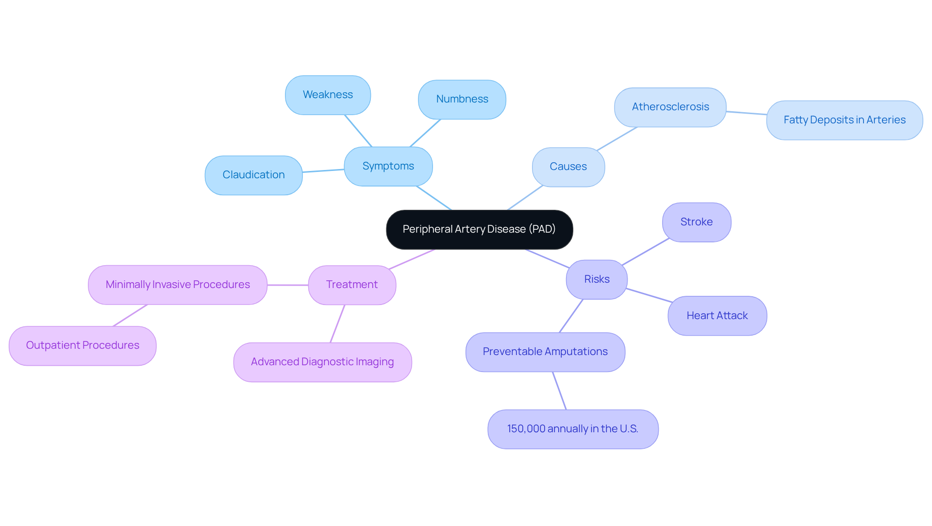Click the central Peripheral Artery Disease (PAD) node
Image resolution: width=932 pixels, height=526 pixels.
[x=479, y=229]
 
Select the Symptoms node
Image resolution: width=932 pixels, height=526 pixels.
[x=388, y=166]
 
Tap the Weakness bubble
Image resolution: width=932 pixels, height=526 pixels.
[x=328, y=95]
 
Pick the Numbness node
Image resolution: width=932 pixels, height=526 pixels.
[x=462, y=99]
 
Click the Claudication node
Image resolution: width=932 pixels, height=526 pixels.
[x=253, y=175]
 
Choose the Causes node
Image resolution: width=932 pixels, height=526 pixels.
[x=568, y=167]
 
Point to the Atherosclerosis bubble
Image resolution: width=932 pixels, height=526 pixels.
[x=670, y=107]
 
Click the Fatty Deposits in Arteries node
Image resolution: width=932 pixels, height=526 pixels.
[x=844, y=120]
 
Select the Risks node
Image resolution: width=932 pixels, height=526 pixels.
[x=597, y=279]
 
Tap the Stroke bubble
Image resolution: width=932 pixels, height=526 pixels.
[x=696, y=222]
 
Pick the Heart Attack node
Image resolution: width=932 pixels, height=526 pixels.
[x=717, y=316]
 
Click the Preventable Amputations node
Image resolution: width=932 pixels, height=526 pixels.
[x=545, y=352]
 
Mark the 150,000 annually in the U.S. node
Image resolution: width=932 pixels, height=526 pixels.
[x=572, y=429]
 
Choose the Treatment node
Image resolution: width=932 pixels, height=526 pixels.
[x=351, y=285]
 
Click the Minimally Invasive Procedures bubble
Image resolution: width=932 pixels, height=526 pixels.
[x=178, y=285]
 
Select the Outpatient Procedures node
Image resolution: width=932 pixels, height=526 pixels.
[x=83, y=345]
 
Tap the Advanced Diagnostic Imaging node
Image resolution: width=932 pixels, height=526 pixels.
[x=322, y=362]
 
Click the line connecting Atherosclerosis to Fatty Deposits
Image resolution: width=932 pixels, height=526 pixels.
[x=746, y=113]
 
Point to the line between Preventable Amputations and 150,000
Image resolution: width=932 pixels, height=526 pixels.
[x=559, y=390]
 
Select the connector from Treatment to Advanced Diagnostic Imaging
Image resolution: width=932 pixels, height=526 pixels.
[x=337, y=323]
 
